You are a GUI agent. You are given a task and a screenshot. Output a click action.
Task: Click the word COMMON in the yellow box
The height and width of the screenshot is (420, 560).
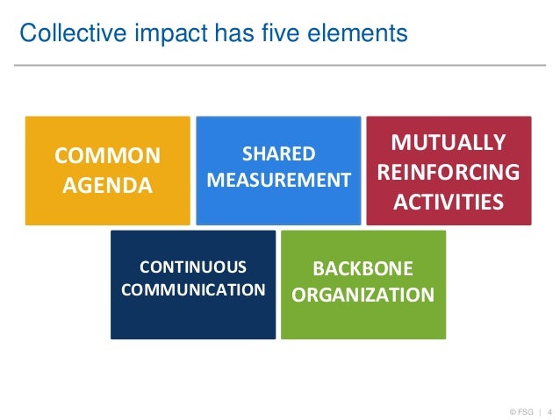(x=108, y=156)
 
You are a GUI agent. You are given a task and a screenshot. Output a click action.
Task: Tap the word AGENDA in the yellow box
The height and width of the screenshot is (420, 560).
(x=108, y=186)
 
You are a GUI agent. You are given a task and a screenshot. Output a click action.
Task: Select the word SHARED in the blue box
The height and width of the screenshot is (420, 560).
(x=278, y=154)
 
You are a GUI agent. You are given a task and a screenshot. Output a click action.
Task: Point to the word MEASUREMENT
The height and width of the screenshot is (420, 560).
(x=278, y=181)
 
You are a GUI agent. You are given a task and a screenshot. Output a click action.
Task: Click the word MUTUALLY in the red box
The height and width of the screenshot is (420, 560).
(x=448, y=142)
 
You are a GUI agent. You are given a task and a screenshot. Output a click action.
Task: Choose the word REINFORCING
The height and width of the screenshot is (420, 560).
(x=448, y=172)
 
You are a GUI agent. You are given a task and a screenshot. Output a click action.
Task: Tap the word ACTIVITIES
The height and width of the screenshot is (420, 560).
(x=448, y=203)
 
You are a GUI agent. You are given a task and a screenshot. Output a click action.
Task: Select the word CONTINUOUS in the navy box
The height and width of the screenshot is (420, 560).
(x=193, y=267)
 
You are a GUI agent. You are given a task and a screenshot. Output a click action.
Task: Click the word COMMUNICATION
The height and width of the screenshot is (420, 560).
(x=193, y=288)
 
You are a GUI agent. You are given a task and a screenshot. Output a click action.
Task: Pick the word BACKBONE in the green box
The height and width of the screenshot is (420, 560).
(x=363, y=268)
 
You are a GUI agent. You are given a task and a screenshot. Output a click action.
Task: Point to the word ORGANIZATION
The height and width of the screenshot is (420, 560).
(x=363, y=295)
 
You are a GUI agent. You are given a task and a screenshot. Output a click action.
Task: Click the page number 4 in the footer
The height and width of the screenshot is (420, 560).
(x=549, y=410)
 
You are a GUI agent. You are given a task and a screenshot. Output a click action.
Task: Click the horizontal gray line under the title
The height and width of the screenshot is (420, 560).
(x=280, y=64)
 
